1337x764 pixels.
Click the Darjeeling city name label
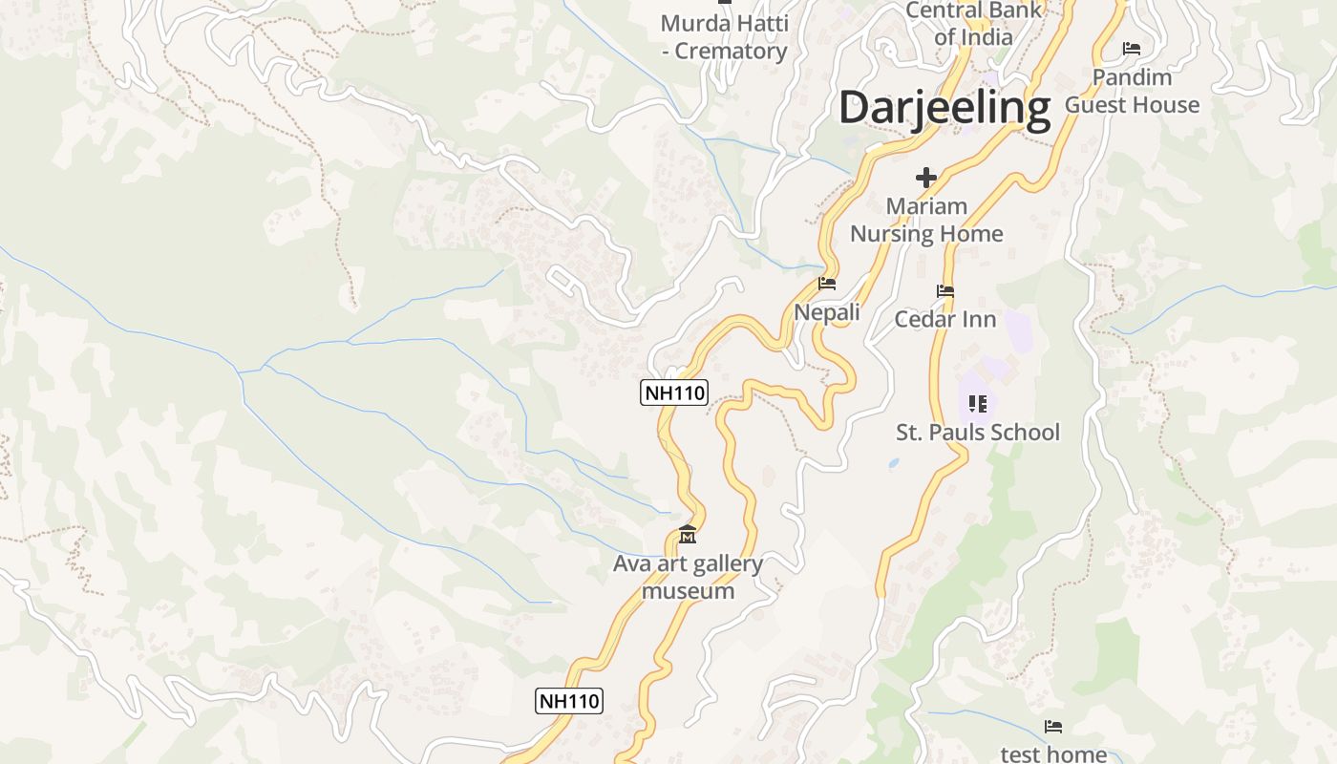944,107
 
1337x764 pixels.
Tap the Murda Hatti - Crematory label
725,36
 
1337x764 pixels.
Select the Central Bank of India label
973,24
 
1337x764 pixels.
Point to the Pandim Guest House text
1132,91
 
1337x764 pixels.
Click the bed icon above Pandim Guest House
1132,48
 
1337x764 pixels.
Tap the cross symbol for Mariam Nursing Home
925,177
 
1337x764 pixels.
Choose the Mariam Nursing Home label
926,220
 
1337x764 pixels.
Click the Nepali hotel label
827,312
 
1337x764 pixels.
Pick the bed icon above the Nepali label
827,284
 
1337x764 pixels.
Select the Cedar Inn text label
944,319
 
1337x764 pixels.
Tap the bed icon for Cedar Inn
945,291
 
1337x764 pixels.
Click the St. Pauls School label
977,433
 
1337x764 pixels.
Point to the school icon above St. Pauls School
977,404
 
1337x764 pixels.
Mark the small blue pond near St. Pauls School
892,464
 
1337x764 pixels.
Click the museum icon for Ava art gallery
687,535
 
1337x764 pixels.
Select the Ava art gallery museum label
688,577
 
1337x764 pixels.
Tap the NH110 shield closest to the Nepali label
674,393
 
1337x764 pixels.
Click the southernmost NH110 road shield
568,701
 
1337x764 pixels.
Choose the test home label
1053,753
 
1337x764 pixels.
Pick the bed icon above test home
1053,727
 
